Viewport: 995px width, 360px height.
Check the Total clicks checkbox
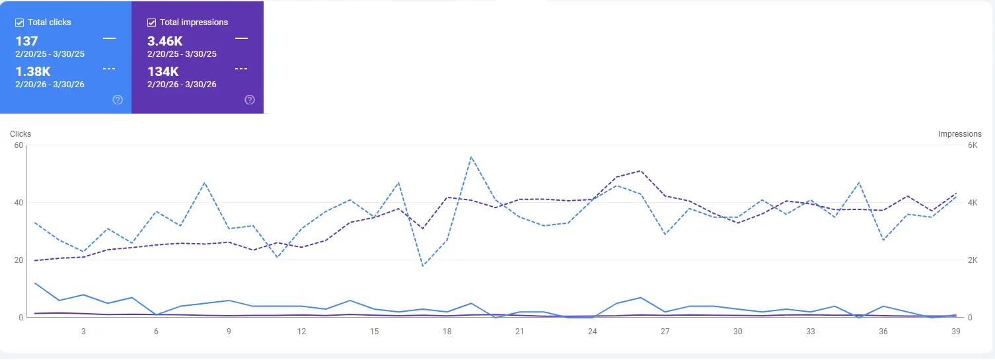20,22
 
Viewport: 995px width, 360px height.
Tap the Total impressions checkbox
152,22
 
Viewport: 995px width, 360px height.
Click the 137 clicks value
26,42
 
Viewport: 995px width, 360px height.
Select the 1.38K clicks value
32,72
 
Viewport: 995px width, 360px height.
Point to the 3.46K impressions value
165,42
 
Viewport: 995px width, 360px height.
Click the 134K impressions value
162,72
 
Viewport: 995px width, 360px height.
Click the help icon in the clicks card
118,100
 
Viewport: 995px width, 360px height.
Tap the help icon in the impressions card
250,100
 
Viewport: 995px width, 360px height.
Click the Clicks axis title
20,134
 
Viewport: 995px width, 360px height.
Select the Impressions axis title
959,134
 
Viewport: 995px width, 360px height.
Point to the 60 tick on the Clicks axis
18,145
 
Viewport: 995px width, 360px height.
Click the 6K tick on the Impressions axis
973,145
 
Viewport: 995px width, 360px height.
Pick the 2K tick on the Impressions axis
973,260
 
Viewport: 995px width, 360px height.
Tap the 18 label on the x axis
447,332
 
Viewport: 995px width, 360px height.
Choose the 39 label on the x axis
955,332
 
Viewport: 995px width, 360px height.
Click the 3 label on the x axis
83,332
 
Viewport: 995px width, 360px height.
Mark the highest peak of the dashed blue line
471,157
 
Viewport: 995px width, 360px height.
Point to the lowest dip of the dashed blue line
423,266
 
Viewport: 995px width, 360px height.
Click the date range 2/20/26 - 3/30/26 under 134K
182,85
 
